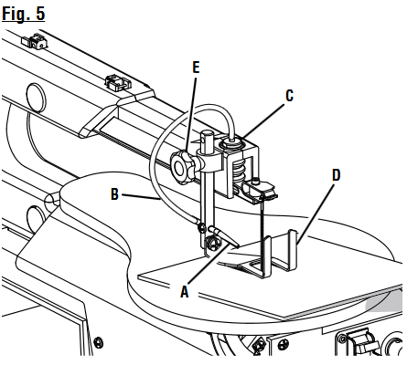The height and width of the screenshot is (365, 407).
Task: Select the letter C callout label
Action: (290, 93)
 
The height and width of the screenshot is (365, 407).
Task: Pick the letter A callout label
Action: (186, 292)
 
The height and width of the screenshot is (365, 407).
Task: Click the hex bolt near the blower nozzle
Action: (212, 243)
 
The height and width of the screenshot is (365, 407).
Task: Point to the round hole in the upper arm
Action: (36, 95)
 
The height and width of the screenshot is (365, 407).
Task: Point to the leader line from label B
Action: (137, 196)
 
